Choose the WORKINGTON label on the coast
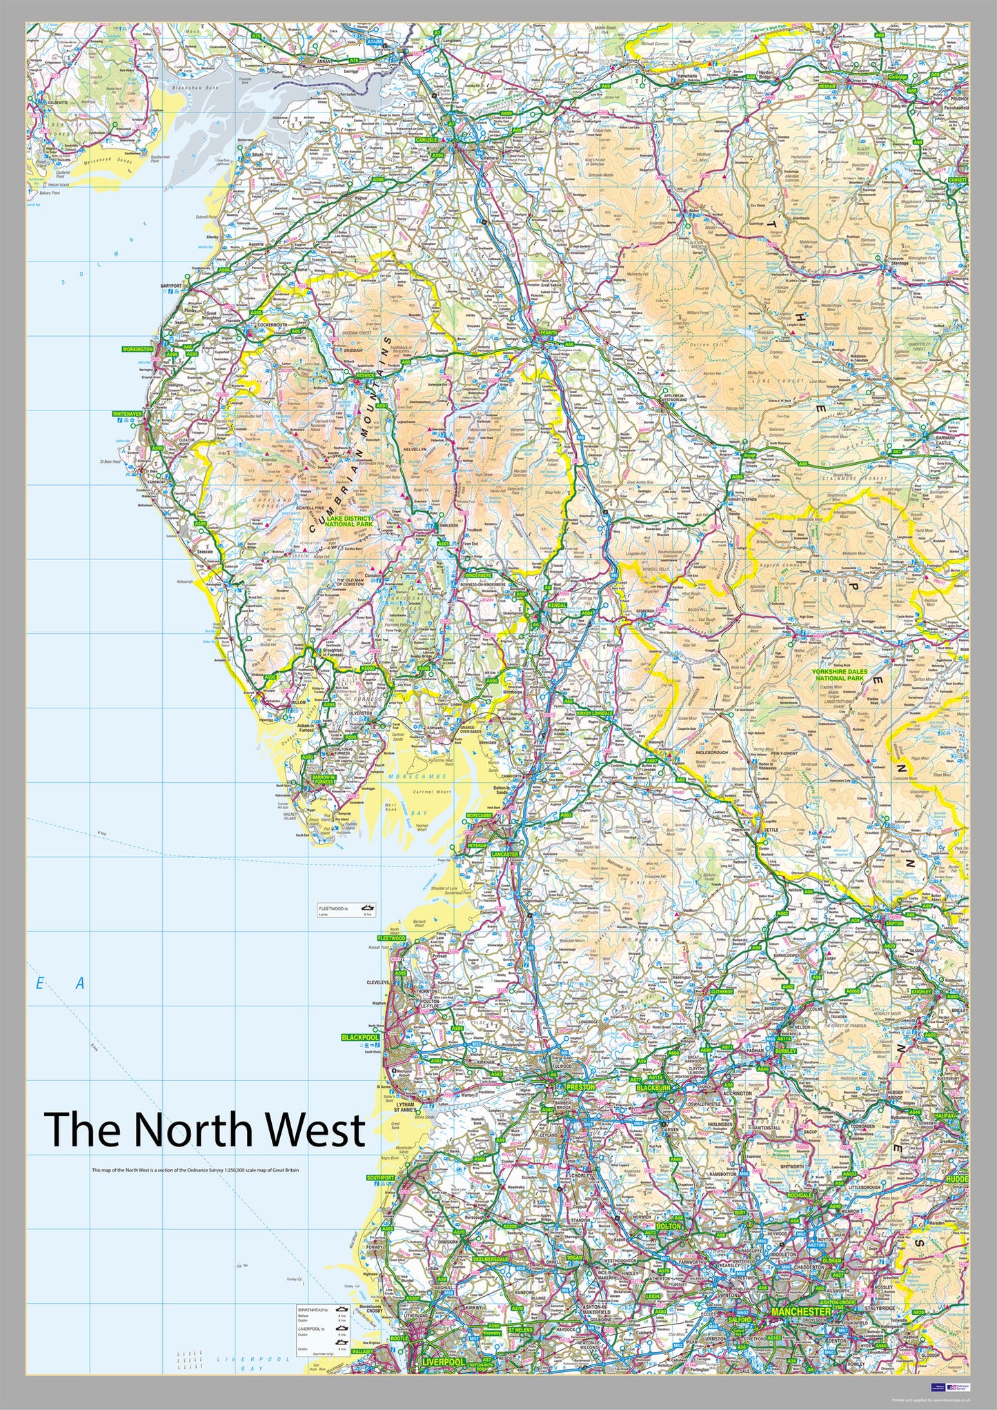pyautogui.click(x=137, y=350)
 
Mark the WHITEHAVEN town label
pyautogui.click(x=127, y=414)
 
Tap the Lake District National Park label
pyautogui.click(x=348, y=521)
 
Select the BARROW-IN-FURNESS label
pyautogui.click(x=323, y=779)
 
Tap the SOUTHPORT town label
pyautogui.click(x=380, y=1178)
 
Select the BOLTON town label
pyautogui.click(x=668, y=1226)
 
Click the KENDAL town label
pyautogui.click(x=556, y=606)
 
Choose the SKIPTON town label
pyautogui.click(x=894, y=923)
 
